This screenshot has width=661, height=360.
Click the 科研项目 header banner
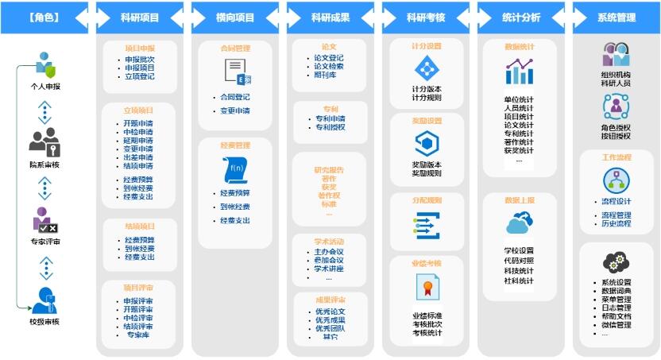(140, 17)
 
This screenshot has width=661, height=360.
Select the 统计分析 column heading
(521, 17)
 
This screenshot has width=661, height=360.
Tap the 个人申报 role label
(45, 86)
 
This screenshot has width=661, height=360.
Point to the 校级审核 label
(45, 322)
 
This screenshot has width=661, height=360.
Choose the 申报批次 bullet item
(140, 60)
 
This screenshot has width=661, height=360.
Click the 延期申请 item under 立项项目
(138, 141)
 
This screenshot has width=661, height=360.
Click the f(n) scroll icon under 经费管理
(236, 168)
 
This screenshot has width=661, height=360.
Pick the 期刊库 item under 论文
(327, 75)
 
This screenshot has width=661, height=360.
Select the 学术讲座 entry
(329, 269)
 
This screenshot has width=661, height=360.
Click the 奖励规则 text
(427, 173)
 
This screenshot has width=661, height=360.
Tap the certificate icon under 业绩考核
(427, 286)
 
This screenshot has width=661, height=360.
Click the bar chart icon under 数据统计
(520, 72)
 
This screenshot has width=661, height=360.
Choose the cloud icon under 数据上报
(519, 223)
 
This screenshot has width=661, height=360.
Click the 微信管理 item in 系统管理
(617, 324)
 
